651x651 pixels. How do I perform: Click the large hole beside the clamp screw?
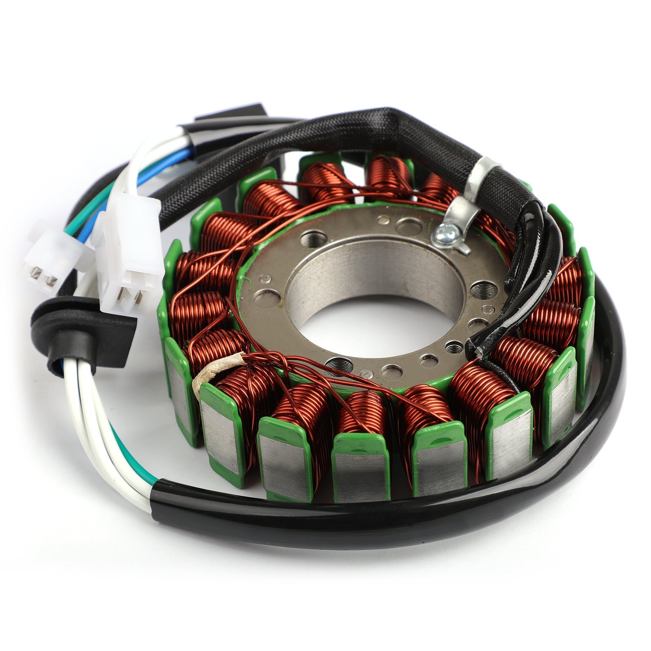408,225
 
